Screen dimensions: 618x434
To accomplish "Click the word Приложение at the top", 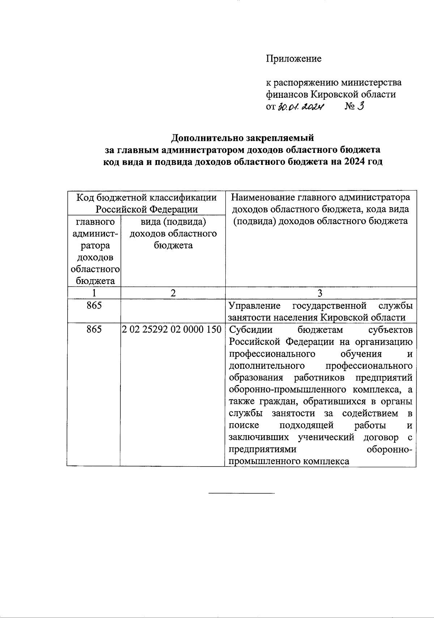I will coord(293,59).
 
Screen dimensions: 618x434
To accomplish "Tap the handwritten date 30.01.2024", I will coord(301,107).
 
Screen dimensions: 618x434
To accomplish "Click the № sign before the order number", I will coord(348,107).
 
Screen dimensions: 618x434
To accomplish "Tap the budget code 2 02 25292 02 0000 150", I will coord(172,330).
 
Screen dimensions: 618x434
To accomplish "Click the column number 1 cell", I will coord(94,293).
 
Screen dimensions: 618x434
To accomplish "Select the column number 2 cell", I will coord(173,293).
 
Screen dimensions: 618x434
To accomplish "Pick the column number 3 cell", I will coord(320,293).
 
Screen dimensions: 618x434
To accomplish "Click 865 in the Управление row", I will coord(94,306).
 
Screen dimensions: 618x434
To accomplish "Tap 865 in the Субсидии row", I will coord(94,330).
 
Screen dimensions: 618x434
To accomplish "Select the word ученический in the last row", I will coord(325,438).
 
